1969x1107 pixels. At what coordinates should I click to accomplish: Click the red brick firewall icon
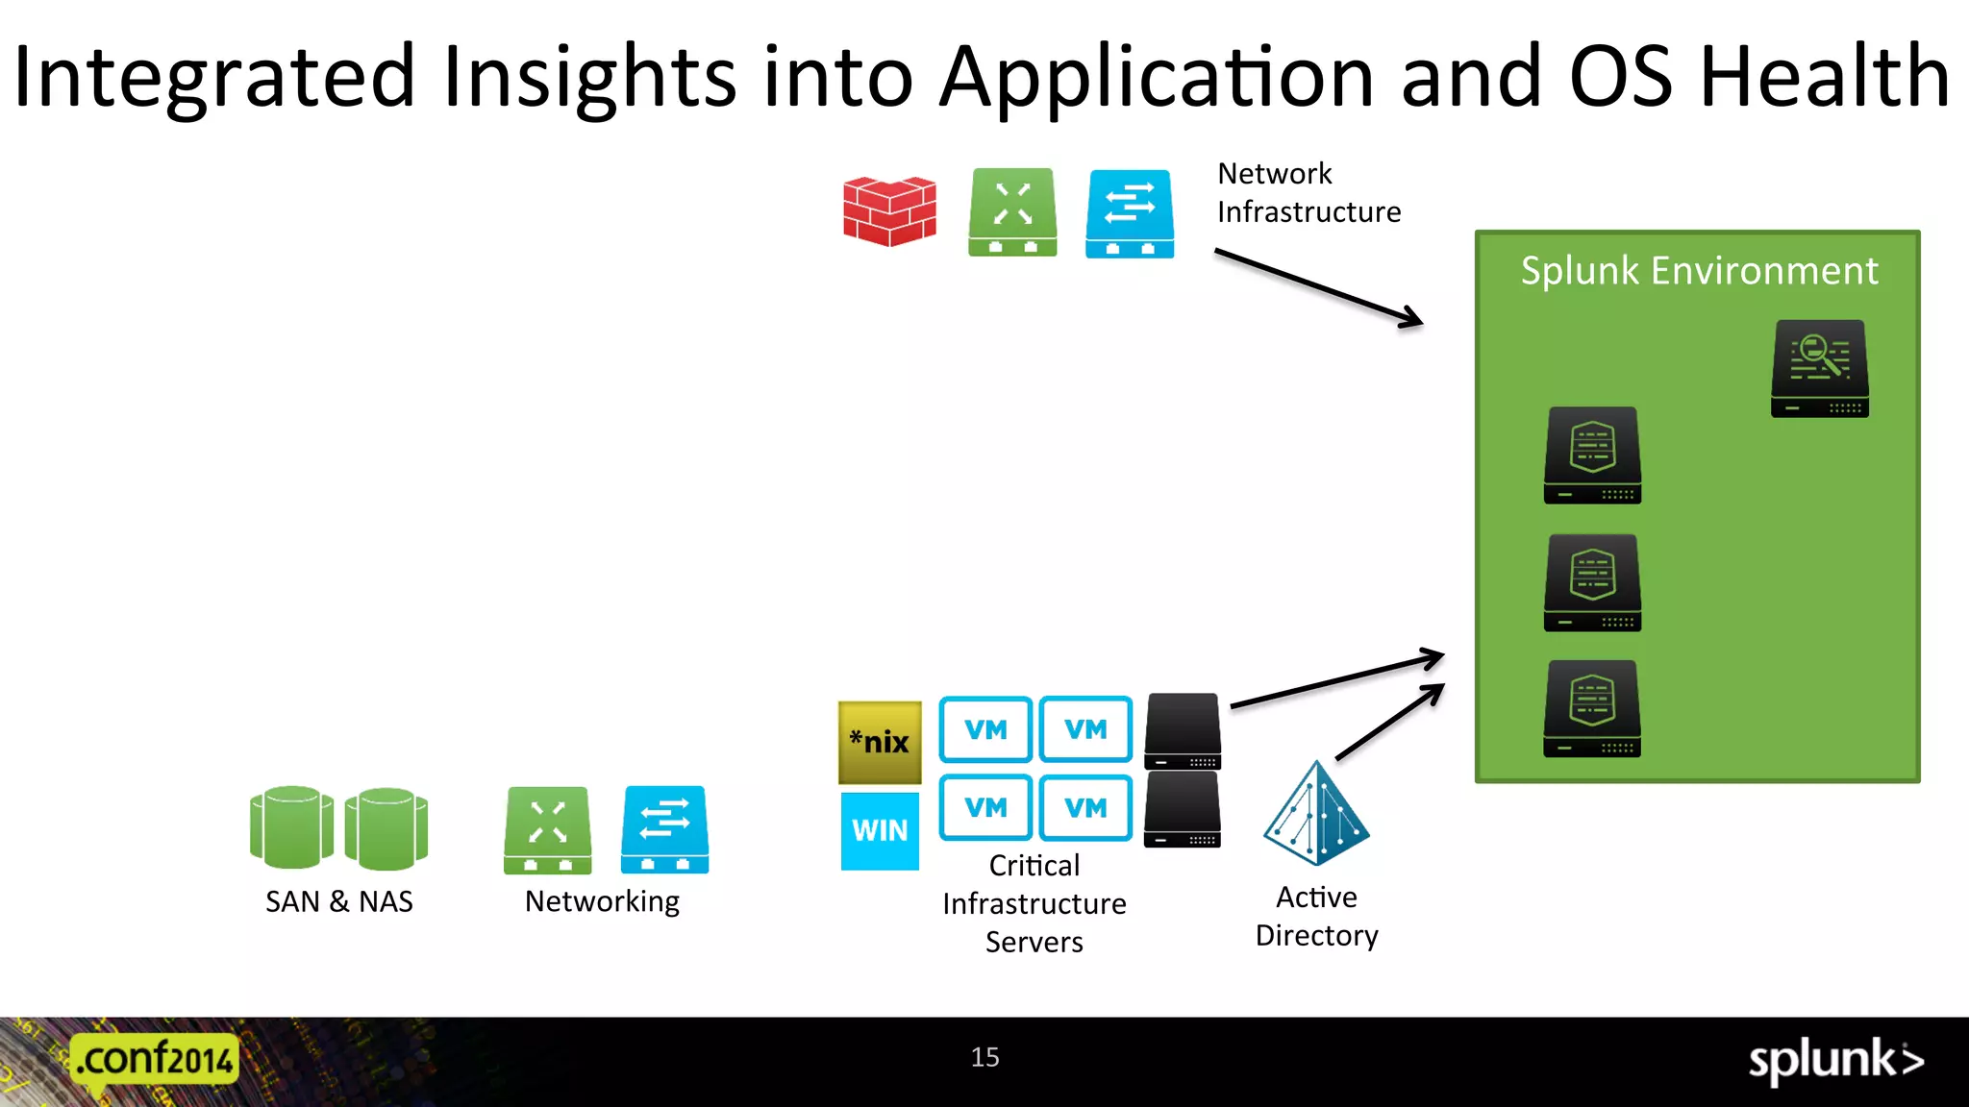click(x=889, y=211)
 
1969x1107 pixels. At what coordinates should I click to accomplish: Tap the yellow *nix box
click(x=880, y=742)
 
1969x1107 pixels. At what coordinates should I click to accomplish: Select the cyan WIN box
click(x=880, y=830)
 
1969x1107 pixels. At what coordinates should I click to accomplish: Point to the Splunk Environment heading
click(x=1699, y=271)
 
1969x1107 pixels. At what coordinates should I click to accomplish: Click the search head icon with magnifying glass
click(x=1820, y=369)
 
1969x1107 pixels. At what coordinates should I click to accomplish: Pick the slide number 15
click(x=984, y=1057)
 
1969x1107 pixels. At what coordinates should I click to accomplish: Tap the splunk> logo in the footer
click(x=1835, y=1061)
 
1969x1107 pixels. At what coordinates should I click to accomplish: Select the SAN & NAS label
click(x=339, y=901)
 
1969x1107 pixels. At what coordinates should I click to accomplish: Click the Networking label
click(x=602, y=901)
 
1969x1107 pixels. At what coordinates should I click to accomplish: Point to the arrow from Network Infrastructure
click(x=1317, y=287)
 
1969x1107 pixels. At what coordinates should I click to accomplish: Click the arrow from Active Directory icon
click(x=1389, y=723)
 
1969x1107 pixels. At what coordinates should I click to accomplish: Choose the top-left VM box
click(x=985, y=729)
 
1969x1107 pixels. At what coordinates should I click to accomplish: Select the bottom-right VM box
click(x=1085, y=808)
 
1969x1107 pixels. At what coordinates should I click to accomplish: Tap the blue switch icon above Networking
click(x=664, y=829)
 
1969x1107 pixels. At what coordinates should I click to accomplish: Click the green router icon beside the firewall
click(x=1012, y=212)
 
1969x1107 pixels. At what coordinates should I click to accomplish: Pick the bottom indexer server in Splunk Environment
click(x=1592, y=709)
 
